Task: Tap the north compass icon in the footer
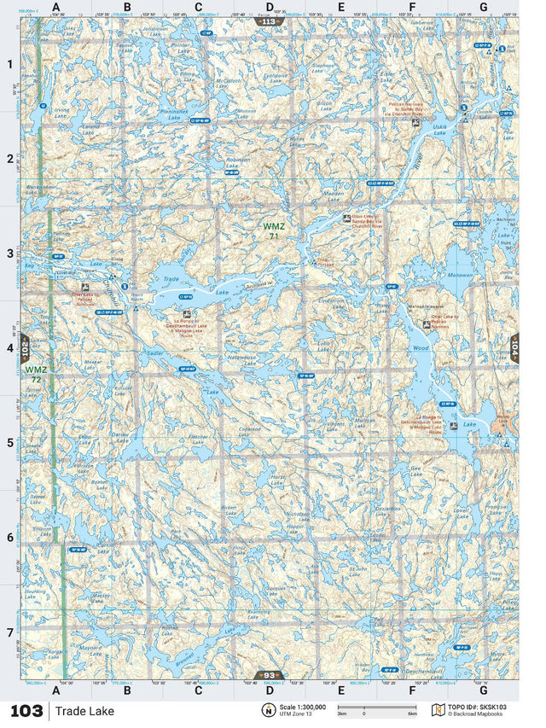[268, 710]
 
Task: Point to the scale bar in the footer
[376, 708]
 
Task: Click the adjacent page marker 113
[270, 21]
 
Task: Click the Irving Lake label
[61, 111]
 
